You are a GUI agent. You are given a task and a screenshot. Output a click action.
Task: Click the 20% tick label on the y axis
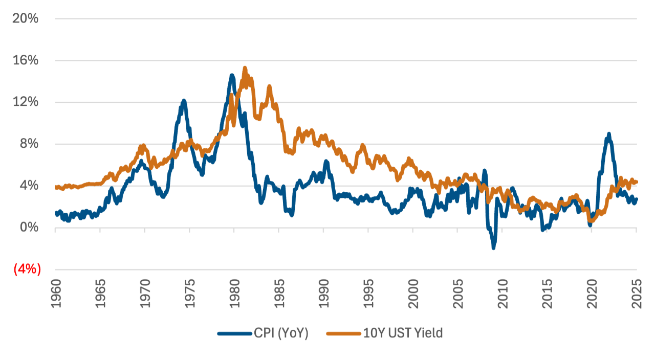coord(26,19)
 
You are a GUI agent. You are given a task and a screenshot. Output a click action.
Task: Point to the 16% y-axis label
coord(26,60)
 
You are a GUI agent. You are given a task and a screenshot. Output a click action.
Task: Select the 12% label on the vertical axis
coord(26,102)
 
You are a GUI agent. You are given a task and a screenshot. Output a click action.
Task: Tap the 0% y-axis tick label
coord(29,227)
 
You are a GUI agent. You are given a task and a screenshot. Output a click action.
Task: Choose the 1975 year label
coord(189,294)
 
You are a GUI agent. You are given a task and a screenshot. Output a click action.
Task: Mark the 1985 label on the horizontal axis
coord(279,294)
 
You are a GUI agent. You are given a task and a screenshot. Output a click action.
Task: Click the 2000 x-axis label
coord(413,294)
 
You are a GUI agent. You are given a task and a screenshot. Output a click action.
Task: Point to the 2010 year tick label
coord(503,294)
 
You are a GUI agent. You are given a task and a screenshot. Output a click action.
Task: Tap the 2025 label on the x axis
coord(637,294)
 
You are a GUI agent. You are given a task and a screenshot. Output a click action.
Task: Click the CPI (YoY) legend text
coord(281,333)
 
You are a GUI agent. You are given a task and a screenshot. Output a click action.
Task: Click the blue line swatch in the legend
coord(234,333)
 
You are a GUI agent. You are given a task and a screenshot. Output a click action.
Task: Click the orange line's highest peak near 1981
coord(245,67)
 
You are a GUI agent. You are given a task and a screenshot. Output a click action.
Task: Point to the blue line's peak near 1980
coord(232,76)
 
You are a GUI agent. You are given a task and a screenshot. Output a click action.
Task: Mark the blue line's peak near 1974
coord(184,101)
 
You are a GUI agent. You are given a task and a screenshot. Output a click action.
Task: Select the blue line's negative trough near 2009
coord(494,247)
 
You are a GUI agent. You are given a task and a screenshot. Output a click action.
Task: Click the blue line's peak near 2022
coord(608,134)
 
